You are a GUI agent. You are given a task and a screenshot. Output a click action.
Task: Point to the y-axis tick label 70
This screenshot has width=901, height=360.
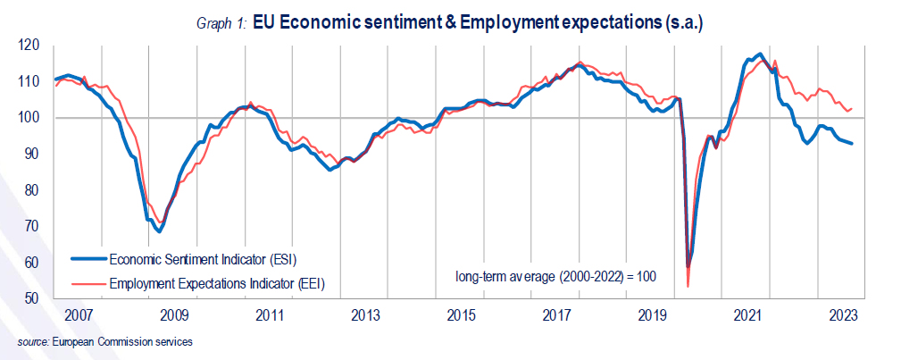32,227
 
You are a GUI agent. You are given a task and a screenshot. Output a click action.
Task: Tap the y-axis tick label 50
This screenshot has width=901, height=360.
32,299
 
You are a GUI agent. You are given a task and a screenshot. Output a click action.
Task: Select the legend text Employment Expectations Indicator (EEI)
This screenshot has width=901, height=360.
215,283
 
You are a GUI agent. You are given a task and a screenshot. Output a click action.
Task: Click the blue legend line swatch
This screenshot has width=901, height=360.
88,260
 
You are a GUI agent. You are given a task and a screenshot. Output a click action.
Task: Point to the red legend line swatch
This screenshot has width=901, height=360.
88,283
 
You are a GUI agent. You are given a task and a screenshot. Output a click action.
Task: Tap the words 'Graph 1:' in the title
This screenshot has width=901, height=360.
222,23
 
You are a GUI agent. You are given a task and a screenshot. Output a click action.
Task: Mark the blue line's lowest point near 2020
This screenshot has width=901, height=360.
688,266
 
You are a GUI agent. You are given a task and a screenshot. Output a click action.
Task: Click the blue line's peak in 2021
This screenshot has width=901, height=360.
759,54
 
